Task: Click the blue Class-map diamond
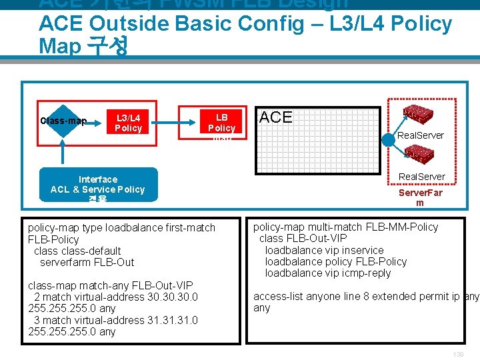[63, 120]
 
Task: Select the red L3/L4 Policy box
[128, 123]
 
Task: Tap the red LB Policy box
[221, 121]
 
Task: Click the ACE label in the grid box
[276, 117]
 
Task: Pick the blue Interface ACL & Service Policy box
[98, 184]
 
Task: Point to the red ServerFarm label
[420, 197]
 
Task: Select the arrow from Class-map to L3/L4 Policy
[95, 121]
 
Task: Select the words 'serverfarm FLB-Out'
[87, 262]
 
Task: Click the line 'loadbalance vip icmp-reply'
[328, 273]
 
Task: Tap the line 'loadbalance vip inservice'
[324, 250]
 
